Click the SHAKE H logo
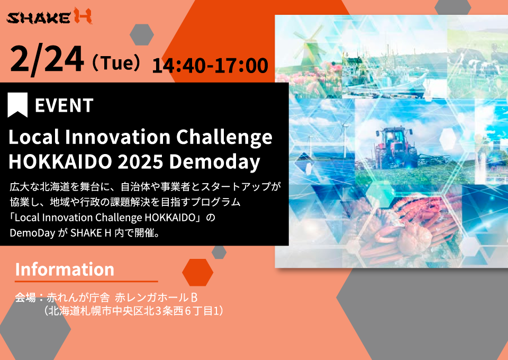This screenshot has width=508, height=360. coord(49,16)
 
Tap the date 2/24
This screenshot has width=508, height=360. coord(47,60)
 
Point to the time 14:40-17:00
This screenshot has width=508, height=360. coord(210,66)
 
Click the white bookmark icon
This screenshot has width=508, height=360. coord(17,105)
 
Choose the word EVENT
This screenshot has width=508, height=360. coord(64,105)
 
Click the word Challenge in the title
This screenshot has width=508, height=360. coord(224,138)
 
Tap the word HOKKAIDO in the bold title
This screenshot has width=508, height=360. coord(60,161)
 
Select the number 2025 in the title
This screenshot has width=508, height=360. coord(140,161)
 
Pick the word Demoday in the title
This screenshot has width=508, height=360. coord(214,162)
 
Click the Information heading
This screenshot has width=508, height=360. coord(65,269)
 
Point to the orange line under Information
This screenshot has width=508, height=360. coord(86,281)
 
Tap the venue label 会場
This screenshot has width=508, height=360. coord(25,298)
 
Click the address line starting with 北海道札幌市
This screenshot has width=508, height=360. coord(133,311)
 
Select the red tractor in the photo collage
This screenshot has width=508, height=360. coord(396,147)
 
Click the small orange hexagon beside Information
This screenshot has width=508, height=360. coord(197,273)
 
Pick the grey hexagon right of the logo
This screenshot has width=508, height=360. coord(142,34)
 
